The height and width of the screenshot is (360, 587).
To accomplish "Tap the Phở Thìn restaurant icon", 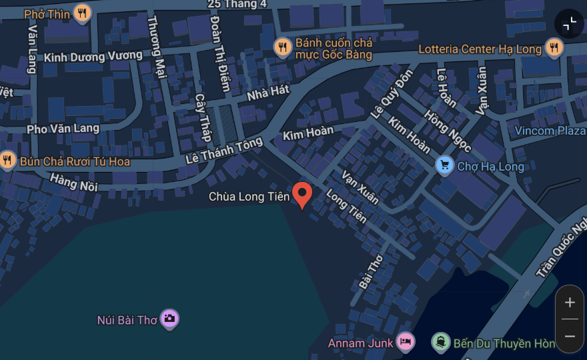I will (82, 13).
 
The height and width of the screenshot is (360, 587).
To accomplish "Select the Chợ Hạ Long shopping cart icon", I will (444, 165).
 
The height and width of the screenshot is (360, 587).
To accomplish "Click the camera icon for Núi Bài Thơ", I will (169, 319).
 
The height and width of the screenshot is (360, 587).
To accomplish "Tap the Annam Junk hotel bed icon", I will (405, 343).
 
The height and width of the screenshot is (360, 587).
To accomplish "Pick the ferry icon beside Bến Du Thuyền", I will (440, 343).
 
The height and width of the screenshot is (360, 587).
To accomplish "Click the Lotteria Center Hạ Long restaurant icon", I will (554, 47).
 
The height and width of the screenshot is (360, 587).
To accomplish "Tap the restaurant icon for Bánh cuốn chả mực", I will (283, 47).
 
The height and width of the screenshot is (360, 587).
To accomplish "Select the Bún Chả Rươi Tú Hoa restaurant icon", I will (7, 160).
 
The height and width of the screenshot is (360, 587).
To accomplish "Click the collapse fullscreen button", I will (569, 24).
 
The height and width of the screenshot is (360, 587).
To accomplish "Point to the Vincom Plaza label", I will (550, 131).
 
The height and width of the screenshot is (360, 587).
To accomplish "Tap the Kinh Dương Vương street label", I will (93, 57).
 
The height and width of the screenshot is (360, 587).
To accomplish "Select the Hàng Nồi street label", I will (73, 181).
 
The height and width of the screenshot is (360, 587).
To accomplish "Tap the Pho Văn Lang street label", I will (63, 128).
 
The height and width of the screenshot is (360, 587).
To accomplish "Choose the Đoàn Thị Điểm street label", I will (219, 53).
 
